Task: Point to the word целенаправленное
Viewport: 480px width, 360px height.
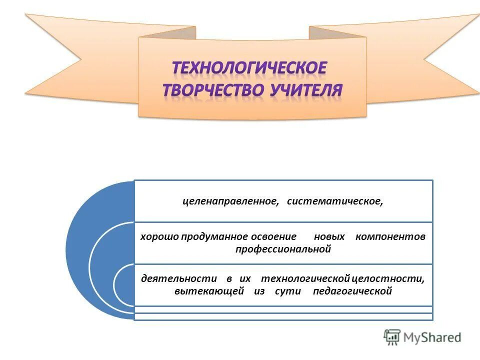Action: point(230,201)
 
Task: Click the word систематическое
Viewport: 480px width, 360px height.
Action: point(334,201)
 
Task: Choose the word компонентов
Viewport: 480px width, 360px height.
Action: point(390,236)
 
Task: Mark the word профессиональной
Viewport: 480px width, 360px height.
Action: point(283,249)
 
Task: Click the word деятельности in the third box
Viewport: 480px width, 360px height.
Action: point(178,278)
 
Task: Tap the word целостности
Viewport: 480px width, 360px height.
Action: point(387,278)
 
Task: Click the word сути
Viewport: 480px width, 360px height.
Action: point(287,291)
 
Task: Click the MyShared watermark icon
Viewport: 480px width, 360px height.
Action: point(392,337)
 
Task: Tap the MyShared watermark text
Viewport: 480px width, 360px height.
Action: point(432,337)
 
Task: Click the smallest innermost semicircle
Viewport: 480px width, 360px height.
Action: point(124,285)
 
